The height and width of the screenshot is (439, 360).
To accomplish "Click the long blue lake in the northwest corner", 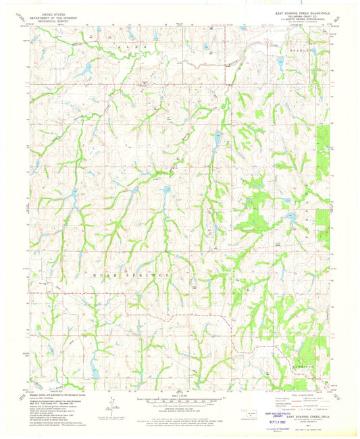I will [82, 71].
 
